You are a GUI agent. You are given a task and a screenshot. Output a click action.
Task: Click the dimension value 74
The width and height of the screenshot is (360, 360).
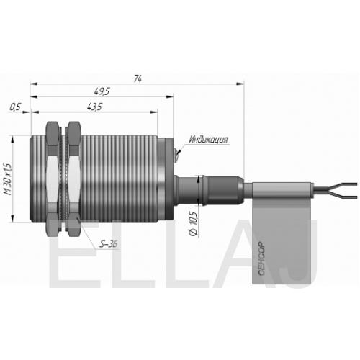pos(138,78)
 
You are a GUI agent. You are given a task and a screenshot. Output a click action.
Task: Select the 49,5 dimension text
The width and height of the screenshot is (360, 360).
pos(102,91)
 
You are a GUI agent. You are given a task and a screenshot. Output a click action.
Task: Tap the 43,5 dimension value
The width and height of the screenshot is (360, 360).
pos(94,107)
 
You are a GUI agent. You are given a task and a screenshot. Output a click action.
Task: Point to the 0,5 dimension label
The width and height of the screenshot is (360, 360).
pos(15,107)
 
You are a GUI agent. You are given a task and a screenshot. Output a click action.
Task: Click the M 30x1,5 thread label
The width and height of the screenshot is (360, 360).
pos(7,179)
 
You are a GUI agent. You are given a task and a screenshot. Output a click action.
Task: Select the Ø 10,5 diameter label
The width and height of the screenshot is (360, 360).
pos(193,224)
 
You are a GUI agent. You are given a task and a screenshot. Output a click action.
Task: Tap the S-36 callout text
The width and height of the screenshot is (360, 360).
pos(109,244)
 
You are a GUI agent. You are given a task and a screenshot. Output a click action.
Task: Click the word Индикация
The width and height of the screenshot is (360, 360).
pos(208,140)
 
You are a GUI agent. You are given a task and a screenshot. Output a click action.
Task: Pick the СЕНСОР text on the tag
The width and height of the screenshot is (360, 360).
pos(261,258)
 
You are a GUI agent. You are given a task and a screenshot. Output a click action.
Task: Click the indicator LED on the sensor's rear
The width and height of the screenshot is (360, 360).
pos(178,153)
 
